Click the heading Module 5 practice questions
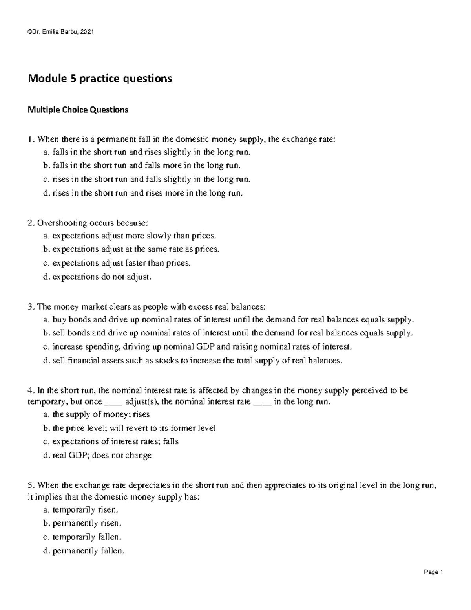click(99, 79)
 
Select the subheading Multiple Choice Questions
click(78, 110)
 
